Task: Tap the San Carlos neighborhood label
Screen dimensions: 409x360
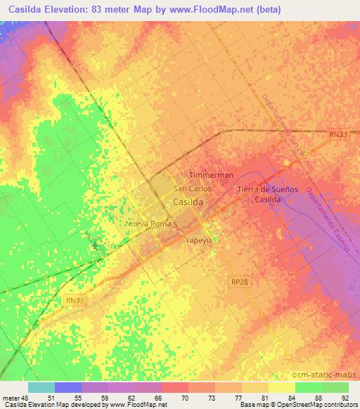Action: coord(192,189)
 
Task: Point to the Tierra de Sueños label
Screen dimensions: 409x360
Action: coord(268,190)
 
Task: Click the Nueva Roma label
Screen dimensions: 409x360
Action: coord(148,224)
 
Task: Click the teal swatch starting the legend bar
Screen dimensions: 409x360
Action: coord(41,387)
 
